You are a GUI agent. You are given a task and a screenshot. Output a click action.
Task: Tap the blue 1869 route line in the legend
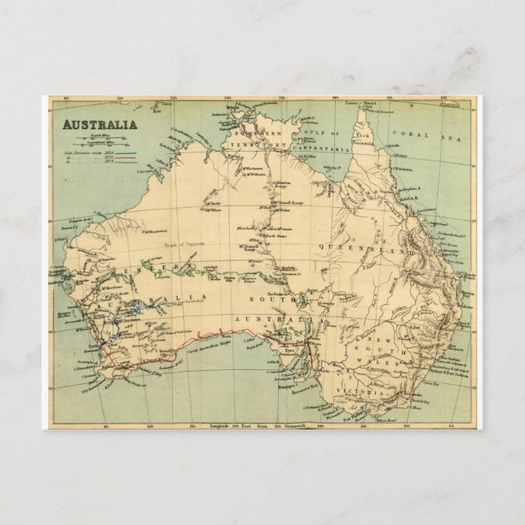point(126,152)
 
